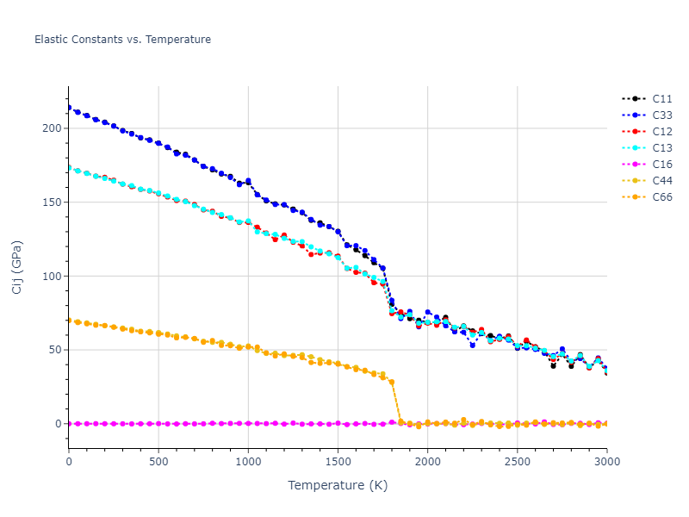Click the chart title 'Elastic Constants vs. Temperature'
pos(122,40)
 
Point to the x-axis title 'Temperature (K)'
pos(338,486)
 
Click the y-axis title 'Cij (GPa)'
pos(17,267)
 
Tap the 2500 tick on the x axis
pos(517,461)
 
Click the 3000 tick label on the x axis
pos(606,461)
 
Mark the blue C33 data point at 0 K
pos(69,108)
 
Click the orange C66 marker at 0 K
pos(69,321)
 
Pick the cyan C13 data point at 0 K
pos(69,168)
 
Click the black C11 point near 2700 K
pos(553,365)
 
